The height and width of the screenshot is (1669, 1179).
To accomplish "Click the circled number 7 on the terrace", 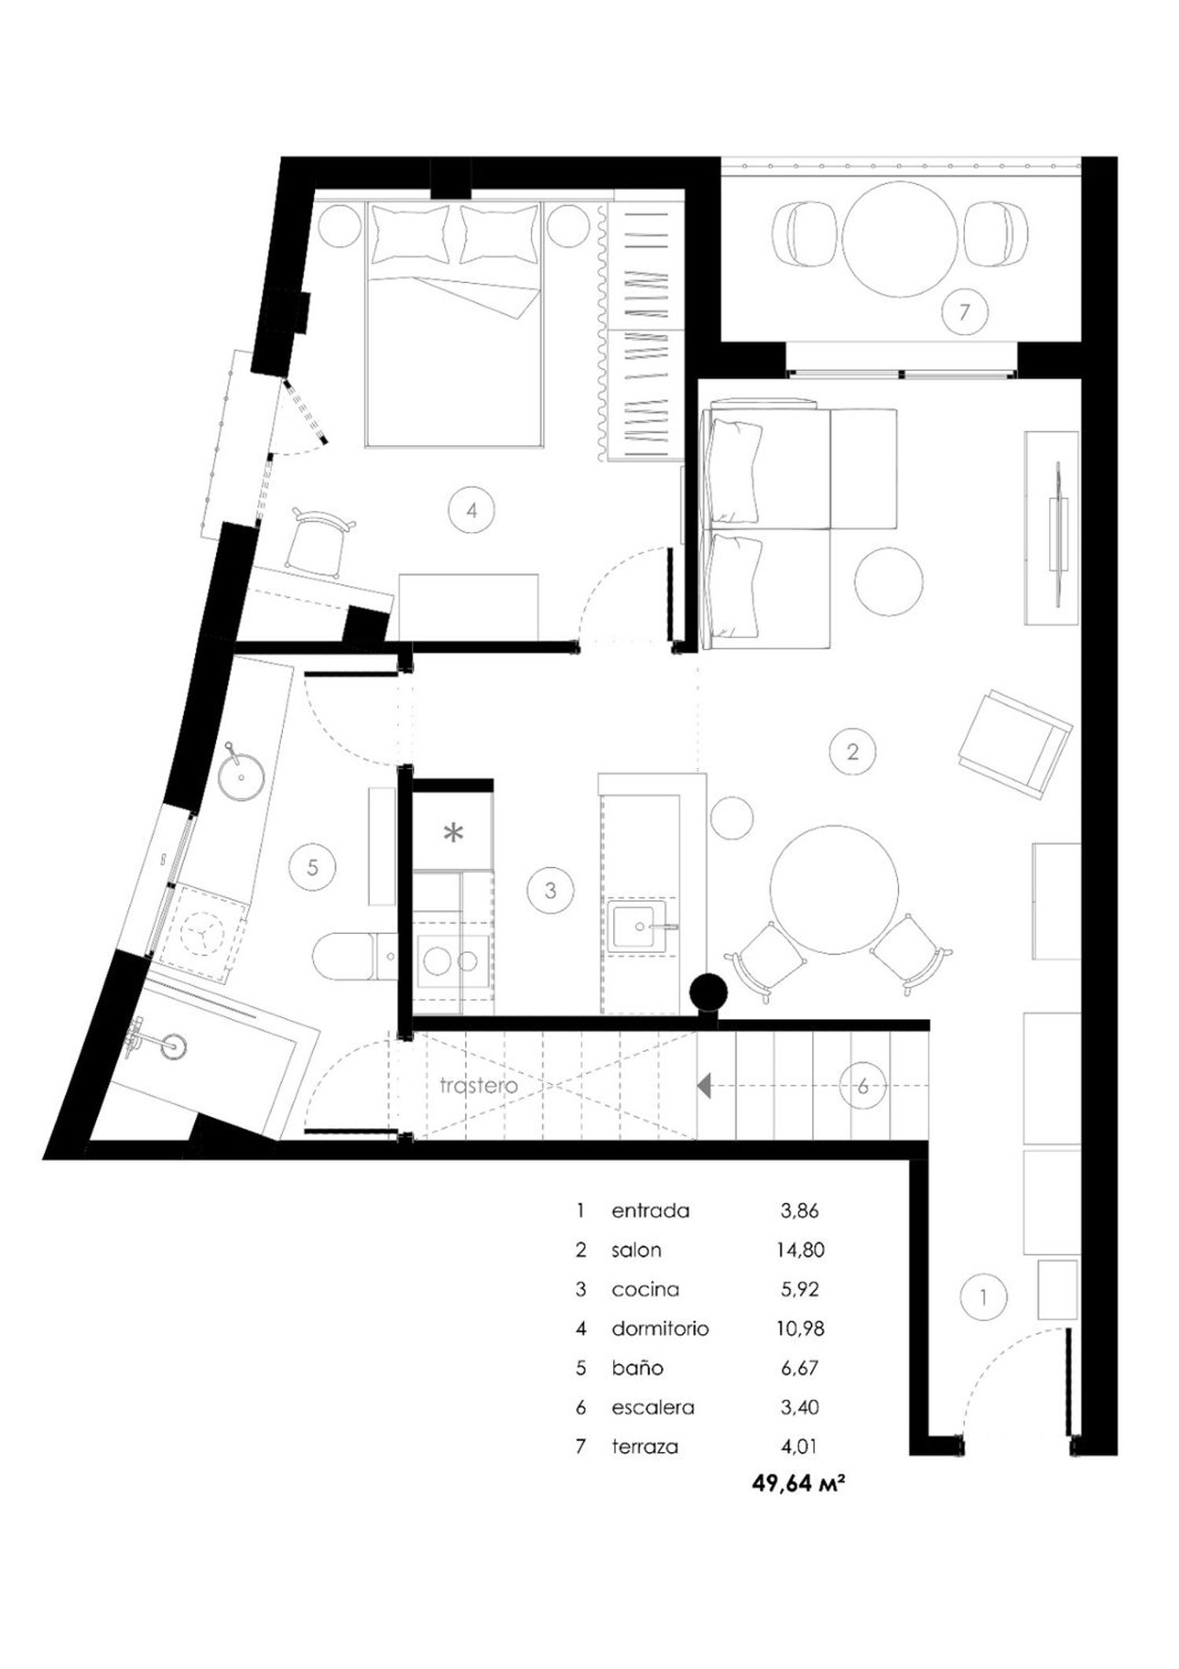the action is (x=964, y=312).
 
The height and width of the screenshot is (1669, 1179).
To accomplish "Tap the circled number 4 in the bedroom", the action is (x=472, y=510).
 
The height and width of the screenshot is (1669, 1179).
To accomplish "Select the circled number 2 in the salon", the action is (x=853, y=752).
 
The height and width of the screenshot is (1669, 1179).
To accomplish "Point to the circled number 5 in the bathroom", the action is (x=313, y=868).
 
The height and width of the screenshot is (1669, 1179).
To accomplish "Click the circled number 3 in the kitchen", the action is (x=550, y=891).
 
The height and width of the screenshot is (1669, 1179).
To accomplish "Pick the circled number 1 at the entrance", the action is (x=983, y=1297).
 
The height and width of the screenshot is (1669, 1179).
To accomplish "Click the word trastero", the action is (x=479, y=1086).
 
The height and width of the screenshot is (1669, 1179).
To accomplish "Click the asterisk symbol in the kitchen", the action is (x=454, y=833).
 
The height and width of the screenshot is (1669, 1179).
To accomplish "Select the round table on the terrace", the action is (x=901, y=239).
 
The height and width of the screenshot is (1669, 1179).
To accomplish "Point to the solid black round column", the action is (x=709, y=992).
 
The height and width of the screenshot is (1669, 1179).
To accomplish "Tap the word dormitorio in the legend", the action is (x=660, y=1329).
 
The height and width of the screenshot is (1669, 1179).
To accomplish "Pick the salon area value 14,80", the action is (x=800, y=1250).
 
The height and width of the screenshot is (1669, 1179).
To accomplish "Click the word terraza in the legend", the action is (x=645, y=1447).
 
